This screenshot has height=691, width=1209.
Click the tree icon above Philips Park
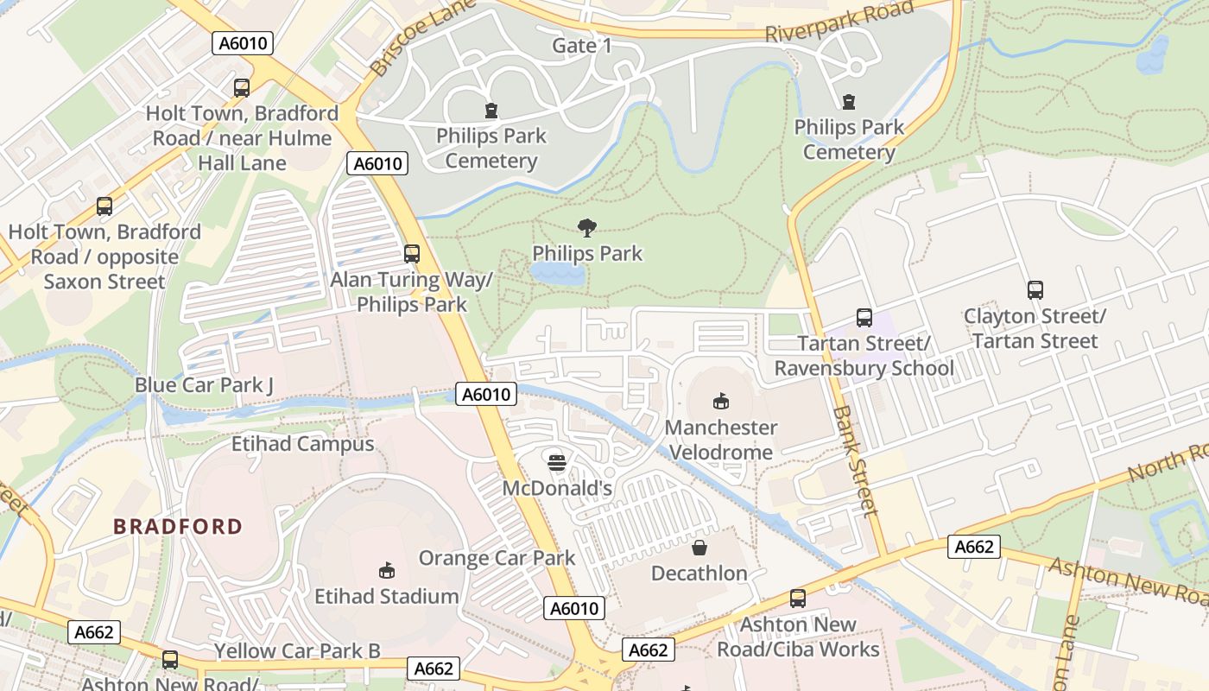pyautogui.click(x=587, y=228)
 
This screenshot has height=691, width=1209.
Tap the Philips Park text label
pyautogui.click(x=587, y=253)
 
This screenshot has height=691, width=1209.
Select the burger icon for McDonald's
pyautogui.click(x=557, y=462)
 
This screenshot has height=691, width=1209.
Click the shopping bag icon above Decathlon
pyautogui.click(x=699, y=548)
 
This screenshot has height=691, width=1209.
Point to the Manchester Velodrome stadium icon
pyautogui.click(x=720, y=401)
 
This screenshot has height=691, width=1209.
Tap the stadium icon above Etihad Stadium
pyautogui.click(x=387, y=570)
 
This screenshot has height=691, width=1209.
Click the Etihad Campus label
pyautogui.click(x=302, y=444)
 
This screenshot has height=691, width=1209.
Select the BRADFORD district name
pyautogui.click(x=178, y=526)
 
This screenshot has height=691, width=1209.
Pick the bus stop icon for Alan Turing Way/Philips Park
pyautogui.click(x=412, y=254)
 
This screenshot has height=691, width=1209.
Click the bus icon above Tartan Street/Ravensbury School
pyautogui.click(x=864, y=318)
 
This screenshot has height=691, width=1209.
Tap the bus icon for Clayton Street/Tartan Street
pyautogui.click(x=1035, y=290)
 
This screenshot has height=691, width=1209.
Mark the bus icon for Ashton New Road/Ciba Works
pyautogui.click(x=798, y=599)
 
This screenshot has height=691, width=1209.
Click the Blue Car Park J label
pyautogui.click(x=204, y=384)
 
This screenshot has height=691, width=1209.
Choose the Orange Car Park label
pyautogui.click(x=497, y=558)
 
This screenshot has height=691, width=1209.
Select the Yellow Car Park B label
pyautogui.click(x=297, y=650)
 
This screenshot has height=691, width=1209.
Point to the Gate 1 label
pyautogui.click(x=582, y=46)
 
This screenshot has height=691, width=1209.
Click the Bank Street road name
pyautogui.click(x=854, y=460)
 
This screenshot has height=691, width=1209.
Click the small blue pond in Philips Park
pyautogui.click(x=557, y=275)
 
